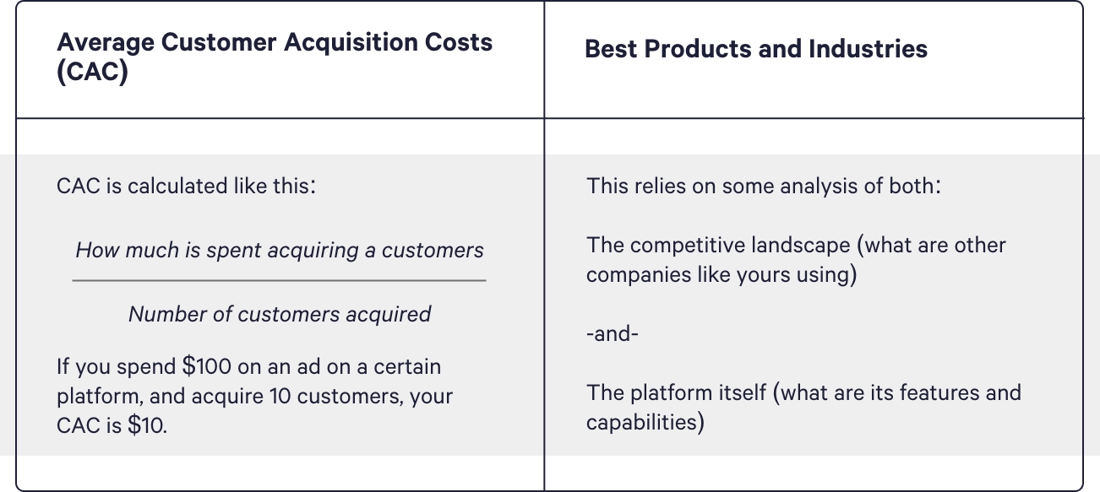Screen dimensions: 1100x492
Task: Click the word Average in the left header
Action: tap(106, 43)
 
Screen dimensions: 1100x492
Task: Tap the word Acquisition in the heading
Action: tap(351, 43)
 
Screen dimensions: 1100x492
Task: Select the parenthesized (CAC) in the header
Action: tap(92, 72)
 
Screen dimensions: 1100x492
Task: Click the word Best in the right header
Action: tap(611, 49)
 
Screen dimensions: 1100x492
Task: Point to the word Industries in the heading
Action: tap(868, 49)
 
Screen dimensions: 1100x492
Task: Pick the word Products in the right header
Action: tap(698, 49)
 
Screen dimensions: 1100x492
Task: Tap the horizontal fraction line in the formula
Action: tap(279, 280)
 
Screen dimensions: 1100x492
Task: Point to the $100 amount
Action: tap(206, 366)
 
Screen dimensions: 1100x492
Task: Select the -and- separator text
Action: tap(613, 334)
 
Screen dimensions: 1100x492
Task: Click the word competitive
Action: tap(684, 246)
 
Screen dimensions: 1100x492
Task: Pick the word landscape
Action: tap(801, 246)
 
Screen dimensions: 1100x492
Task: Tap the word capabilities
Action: tap(645, 423)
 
